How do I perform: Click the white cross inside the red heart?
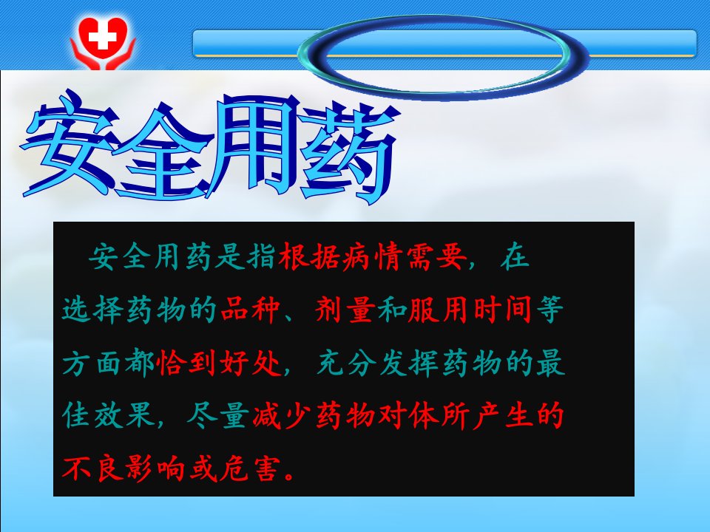pos(102,35)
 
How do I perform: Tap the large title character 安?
pos(68,145)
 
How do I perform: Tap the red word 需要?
pos(436,257)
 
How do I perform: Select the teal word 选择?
pos(93,310)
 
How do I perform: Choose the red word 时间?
pos(503,310)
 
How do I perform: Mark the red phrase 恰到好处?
pos(219,363)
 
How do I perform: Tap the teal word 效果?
pos(124,415)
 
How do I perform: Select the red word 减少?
pos(282,415)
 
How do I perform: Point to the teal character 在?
pos(515,257)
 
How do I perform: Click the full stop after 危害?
pos(289,476)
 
